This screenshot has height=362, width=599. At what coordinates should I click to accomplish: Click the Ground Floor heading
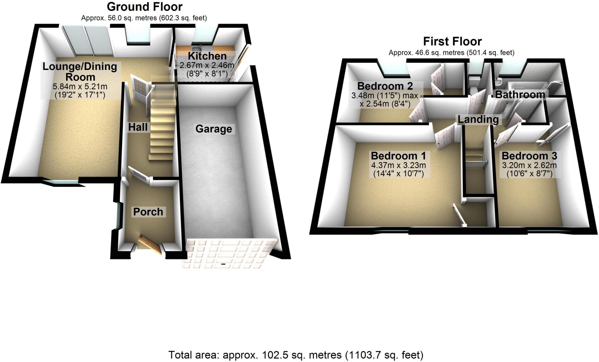point(144,7)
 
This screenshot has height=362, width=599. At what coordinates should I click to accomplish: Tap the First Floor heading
point(452,42)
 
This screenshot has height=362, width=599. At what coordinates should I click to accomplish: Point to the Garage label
point(214,129)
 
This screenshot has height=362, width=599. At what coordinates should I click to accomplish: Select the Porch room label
point(148,212)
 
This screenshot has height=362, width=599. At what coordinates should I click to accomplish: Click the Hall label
point(138,127)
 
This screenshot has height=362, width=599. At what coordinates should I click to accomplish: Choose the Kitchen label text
point(207,56)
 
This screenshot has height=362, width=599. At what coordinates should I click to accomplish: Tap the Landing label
point(478,119)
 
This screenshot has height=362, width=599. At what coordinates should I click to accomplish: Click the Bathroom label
point(520,95)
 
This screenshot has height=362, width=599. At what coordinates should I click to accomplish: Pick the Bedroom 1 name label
point(398,156)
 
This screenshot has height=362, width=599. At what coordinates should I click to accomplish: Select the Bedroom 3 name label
point(529,156)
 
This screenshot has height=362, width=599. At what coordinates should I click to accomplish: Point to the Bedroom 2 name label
point(385,86)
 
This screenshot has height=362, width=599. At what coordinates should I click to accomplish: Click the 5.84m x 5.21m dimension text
point(80,87)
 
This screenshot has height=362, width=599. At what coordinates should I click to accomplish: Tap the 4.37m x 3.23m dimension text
point(398,165)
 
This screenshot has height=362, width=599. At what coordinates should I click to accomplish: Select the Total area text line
point(296,355)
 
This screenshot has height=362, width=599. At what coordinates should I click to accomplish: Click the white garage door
point(228,253)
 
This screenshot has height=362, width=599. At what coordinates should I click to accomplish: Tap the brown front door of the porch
point(150,244)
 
